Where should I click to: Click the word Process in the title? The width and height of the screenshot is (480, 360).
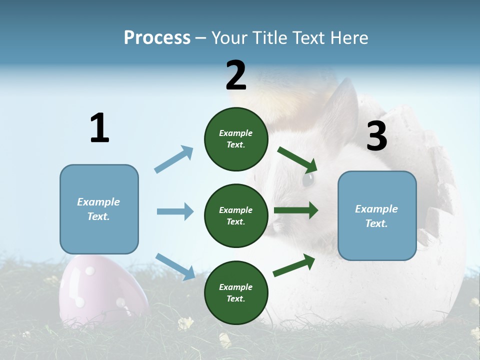point(157,38)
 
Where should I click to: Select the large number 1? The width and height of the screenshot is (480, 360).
point(99,128)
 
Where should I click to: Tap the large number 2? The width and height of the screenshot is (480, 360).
point(236,75)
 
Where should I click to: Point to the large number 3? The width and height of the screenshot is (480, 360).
point(376,136)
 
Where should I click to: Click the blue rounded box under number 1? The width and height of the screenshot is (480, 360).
point(99,209)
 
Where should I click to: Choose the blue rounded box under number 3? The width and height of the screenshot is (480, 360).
point(377,215)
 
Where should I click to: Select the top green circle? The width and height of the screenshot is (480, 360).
point(236,139)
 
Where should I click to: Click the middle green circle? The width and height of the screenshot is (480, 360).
point(236,215)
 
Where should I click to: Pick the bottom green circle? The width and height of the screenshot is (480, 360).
point(236,292)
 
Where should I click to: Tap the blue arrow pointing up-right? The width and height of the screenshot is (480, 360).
point(174,159)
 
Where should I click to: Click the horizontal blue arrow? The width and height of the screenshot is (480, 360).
point(175,211)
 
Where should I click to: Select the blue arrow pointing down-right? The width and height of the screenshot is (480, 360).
point(175,266)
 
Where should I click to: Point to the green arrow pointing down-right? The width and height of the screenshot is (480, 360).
point(297,159)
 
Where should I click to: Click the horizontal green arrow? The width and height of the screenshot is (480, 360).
point(296,210)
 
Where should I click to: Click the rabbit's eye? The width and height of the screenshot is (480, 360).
point(308,179)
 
